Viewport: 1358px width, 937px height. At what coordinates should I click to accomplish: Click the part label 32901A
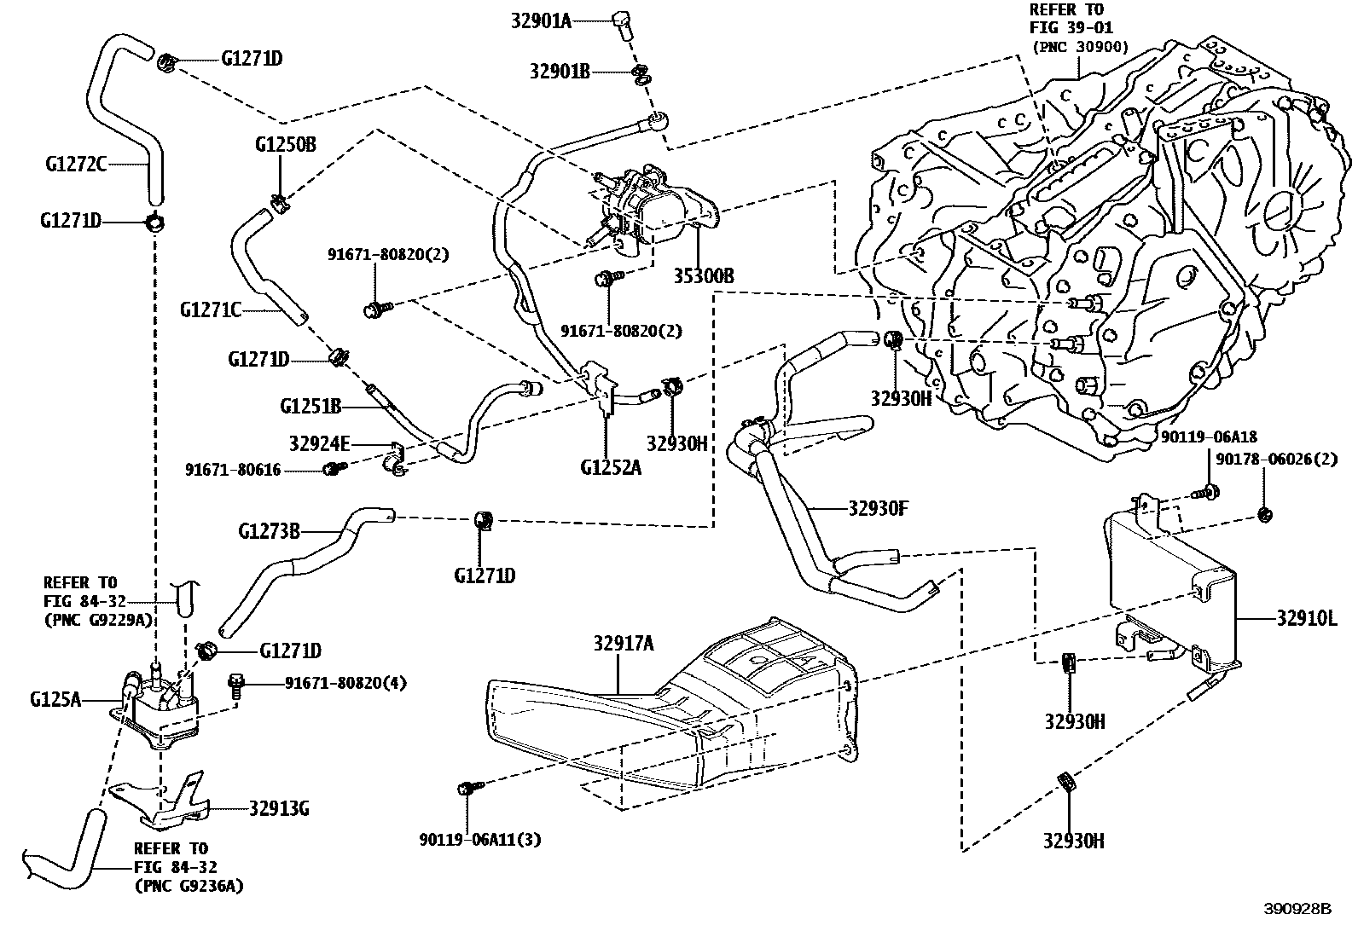(x=541, y=20)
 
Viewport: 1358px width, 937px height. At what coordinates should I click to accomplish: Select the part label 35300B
(x=704, y=276)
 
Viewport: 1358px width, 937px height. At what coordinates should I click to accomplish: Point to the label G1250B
(x=285, y=144)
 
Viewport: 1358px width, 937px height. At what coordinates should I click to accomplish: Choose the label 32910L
(x=1306, y=617)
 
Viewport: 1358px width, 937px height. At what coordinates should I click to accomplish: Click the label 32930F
(x=879, y=508)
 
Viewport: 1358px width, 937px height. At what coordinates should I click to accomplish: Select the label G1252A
(x=610, y=466)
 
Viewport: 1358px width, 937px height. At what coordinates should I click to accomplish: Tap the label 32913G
(x=279, y=807)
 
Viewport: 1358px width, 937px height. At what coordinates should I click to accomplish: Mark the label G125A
(x=55, y=699)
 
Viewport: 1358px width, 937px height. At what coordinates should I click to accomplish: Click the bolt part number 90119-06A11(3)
(x=479, y=840)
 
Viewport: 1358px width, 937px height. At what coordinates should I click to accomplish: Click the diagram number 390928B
(x=1297, y=909)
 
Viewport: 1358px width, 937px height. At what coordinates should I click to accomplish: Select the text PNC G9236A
(x=189, y=886)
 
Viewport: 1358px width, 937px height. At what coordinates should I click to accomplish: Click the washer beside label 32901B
(x=642, y=75)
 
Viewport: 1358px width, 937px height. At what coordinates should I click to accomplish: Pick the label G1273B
(x=269, y=532)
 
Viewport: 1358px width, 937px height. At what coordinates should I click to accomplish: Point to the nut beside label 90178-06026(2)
(x=1265, y=514)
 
